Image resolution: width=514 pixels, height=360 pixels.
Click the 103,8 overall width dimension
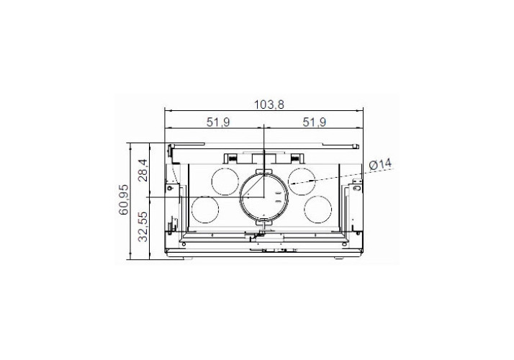(x=269, y=105)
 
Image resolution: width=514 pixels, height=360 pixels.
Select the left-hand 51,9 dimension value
(x=218, y=122)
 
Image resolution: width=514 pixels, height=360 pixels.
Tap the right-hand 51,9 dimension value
(x=315, y=122)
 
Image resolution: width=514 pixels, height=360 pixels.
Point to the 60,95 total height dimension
(x=124, y=199)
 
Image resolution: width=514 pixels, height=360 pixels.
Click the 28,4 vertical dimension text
(x=143, y=170)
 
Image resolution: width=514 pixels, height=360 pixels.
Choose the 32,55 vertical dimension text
(x=143, y=227)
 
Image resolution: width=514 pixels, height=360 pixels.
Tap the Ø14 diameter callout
(x=380, y=164)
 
